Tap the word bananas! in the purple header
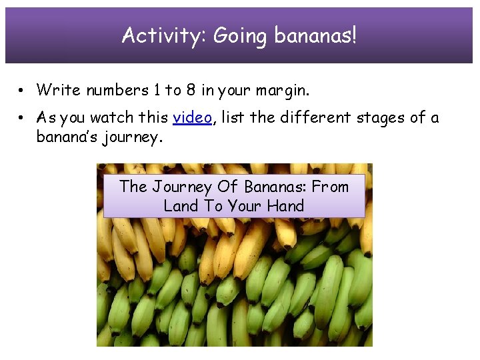(x=315, y=36)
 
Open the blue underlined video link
(x=192, y=118)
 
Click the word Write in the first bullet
(x=55, y=89)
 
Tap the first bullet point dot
(x=23, y=90)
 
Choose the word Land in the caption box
(x=180, y=206)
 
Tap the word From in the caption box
(x=331, y=187)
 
